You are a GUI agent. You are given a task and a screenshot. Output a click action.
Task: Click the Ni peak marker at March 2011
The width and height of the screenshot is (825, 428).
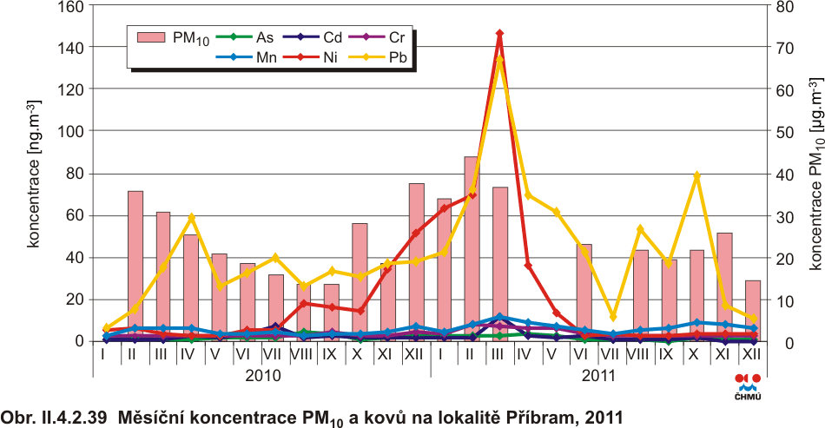[499, 33]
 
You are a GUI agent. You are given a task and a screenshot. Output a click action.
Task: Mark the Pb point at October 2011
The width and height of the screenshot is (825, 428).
[696, 175]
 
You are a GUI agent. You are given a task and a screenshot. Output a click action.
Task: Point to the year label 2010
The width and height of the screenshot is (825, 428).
[261, 376]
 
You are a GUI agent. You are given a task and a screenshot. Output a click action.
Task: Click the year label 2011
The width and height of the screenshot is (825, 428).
[598, 376]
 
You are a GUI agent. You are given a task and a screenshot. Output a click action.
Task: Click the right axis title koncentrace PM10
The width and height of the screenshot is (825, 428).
[815, 174]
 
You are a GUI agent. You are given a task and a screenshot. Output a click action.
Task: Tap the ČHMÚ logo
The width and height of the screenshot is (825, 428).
[747, 386]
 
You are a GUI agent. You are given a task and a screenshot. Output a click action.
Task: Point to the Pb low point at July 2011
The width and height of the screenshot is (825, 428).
[612, 317]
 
